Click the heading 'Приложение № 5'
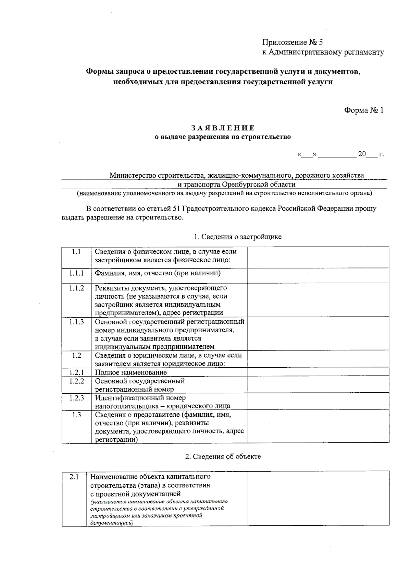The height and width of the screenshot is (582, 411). point(292,42)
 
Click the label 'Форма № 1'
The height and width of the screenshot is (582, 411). point(364,110)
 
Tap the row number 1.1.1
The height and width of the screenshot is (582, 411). point(76,273)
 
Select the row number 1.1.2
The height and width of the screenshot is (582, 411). point(76,288)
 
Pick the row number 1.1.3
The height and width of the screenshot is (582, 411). point(76,322)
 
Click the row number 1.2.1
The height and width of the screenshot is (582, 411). point(76,372)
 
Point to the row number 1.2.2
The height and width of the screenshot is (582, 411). point(76,381)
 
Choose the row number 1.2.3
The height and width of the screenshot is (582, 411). point(76,398)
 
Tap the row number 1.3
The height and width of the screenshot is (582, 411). point(76,415)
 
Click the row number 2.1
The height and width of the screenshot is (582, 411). point(74,477)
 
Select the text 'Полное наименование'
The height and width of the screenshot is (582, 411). point(130,372)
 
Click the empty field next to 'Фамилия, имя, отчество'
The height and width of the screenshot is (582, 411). point(318,275)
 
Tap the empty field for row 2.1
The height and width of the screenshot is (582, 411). point(318,498)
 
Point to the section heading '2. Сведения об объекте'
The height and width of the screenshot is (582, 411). point(223,456)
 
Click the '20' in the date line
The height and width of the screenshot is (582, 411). point(362,154)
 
